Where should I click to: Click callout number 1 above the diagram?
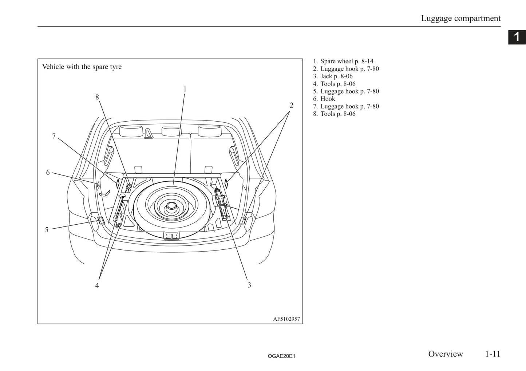[x=185, y=89]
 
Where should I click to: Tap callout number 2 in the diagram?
[x=291, y=105]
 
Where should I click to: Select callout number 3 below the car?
[x=249, y=285]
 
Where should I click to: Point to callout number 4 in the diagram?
[x=97, y=285]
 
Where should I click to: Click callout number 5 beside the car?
[x=47, y=230]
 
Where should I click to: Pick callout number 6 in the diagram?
[x=48, y=173]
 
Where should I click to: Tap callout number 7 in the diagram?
[x=54, y=136]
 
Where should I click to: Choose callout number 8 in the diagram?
[x=97, y=97]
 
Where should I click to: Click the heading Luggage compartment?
[x=460, y=18]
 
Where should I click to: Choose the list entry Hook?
[x=327, y=99]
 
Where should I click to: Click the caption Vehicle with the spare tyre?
[x=82, y=67]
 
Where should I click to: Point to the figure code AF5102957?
[x=286, y=319]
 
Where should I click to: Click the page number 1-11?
[x=493, y=354]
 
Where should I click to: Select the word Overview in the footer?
[x=445, y=354]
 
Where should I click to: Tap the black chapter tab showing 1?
[x=517, y=37]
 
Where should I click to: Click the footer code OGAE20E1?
[x=281, y=356]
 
